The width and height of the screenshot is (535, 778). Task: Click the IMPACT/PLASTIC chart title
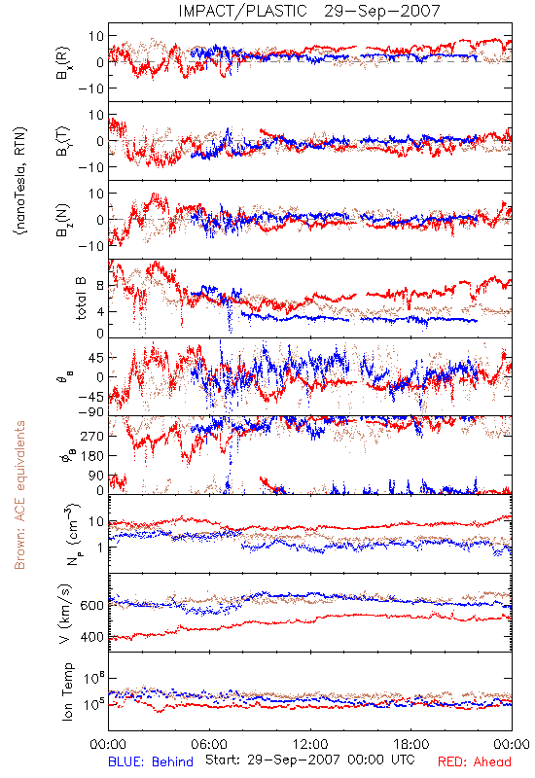pyautogui.click(x=242, y=11)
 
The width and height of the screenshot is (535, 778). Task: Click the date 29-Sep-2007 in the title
pyautogui.click(x=382, y=11)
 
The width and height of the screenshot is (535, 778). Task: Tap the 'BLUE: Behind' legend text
pyautogui.click(x=151, y=761)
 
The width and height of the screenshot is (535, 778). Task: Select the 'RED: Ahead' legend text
pyautogui.click(x=474, y=761)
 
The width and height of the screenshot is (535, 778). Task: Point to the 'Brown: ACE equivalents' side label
pyautogui.click(x=19, y=495)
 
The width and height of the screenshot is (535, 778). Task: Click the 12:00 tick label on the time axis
pyautogui.click(x=310, y=744)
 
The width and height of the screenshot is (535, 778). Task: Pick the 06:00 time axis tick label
pyautogui.click(x=209, y=744)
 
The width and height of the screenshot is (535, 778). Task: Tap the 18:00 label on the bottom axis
pyautogui.click(x=411, y=744)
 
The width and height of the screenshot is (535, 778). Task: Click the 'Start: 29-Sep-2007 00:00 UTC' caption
pyautogui.click(x=310, y=760)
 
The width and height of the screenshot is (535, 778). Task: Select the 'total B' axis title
pyautogui.click(x=81, y=299)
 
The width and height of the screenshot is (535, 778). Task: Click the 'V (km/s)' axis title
pyautogui.click(x=65, y=614)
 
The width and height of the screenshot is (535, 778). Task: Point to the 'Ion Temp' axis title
pyautogui.click(x=67, y=691)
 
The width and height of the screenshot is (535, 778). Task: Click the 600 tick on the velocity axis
pyautogui.click(x=91, y=605)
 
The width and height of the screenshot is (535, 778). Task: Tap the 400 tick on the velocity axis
pyautogui.click(x=91, y=637)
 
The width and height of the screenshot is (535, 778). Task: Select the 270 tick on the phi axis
pyautogui.click(x=92, y=436)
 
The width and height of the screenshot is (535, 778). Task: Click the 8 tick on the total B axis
pyautogui.click(x=100, y=286)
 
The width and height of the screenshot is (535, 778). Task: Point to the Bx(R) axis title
pyautogui.click(x=63, y=63)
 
